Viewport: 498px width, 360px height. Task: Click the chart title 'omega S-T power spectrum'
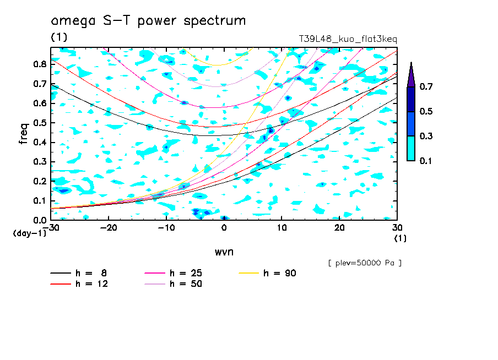click(x=148, y=21)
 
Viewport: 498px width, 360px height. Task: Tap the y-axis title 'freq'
click(x=23, y=133)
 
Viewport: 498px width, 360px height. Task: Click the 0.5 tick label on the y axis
click(x=39, y=123)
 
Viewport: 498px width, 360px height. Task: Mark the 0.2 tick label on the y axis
click(x=39, y=181)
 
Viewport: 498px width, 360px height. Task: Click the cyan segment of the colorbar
click(x=410, y=148)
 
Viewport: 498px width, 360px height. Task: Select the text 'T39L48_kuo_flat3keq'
click(x=348, y=39)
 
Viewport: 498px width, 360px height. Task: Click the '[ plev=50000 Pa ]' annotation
click(x=365, y=263)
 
